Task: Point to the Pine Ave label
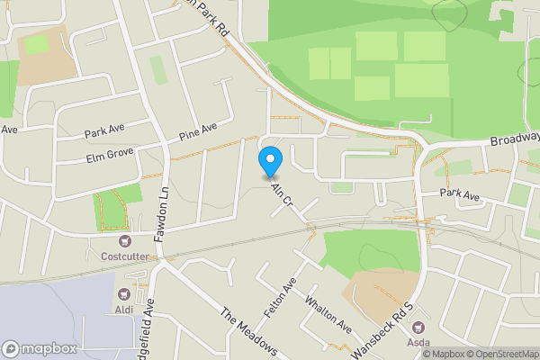[198, 133]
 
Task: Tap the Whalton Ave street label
[328, 311]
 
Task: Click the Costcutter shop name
[124, 256]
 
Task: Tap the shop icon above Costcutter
[124, 241]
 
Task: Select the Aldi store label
[125, 310]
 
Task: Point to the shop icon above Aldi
[125, 294]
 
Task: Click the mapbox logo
[40, 349]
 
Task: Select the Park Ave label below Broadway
[457, 193]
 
